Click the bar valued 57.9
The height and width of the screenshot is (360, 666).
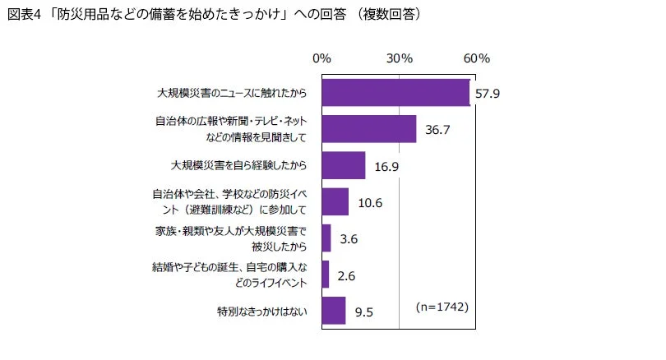click(395, 93)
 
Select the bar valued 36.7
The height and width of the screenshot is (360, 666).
click(368, 129)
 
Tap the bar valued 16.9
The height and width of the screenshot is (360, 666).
click(343, 165)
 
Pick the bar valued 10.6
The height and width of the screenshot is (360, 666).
click(335, 201)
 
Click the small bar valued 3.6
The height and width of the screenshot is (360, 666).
click(326, 238)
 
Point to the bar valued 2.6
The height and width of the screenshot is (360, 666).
click(325, 275)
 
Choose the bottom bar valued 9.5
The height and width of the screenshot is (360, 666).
click(333, 311)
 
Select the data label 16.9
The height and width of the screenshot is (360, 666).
click(386, 166)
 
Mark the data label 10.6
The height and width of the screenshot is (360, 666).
click(370, 202)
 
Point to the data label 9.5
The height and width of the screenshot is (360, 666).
click(364, 312)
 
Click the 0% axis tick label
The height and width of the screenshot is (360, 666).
click(321, 59)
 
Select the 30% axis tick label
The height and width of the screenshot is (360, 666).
click(400, 59)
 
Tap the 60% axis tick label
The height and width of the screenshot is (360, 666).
click(477, 59)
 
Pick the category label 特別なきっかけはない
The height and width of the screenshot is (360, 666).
click(261, 312)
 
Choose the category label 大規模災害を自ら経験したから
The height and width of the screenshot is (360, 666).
click(238, 165)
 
